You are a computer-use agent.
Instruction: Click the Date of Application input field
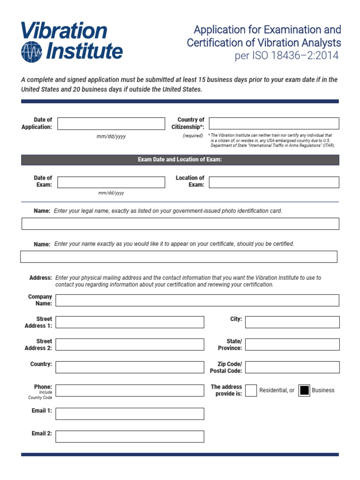111,124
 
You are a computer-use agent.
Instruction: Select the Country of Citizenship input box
274,123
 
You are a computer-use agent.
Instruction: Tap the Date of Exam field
111,182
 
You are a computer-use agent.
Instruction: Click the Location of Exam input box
274,182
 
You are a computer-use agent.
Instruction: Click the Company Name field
197,300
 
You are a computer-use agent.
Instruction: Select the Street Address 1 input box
130,322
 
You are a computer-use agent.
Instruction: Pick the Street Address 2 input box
130,345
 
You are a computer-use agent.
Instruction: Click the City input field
292,322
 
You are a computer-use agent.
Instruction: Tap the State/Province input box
292,345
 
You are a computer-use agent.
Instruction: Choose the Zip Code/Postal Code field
292,367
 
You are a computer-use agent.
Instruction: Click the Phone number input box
130,390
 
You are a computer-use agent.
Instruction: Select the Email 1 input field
130,413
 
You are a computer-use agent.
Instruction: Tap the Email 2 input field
130,436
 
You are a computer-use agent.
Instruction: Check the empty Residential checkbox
251,390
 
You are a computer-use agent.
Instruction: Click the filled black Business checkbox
304,390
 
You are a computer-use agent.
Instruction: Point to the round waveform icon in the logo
31,51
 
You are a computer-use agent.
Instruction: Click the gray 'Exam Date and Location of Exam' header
180,160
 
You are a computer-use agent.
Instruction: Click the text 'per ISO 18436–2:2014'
286,56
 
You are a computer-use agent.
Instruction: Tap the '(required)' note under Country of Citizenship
193,135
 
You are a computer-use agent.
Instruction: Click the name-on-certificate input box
179,257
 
